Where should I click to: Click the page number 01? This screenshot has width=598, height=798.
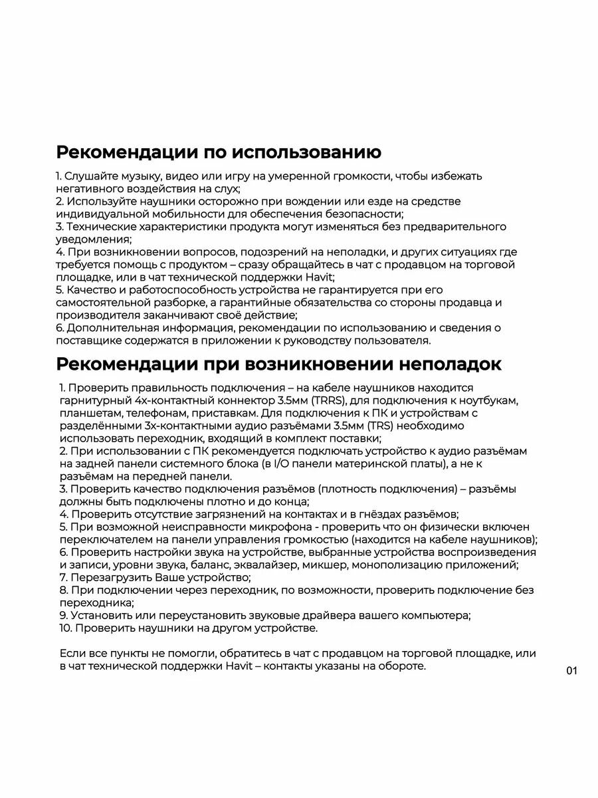572,671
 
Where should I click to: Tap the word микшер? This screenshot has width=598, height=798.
324,565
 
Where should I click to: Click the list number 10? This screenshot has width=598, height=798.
65,628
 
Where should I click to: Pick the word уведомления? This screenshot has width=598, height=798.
92,239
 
